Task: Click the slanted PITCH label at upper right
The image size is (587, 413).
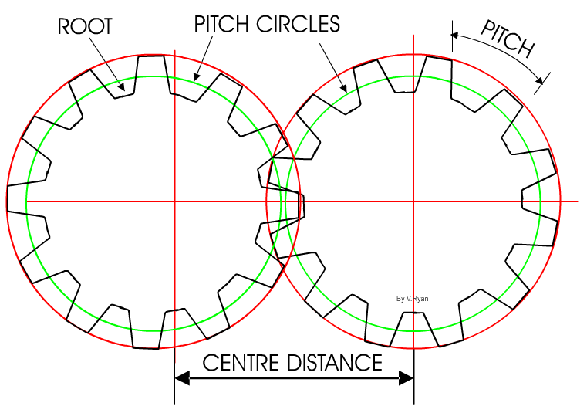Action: (x=508, y=39)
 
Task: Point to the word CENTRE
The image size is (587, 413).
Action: (x=241, y=362)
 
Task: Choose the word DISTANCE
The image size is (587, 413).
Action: (x=339, y=362)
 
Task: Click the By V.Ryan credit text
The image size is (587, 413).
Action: (x=412, y=298)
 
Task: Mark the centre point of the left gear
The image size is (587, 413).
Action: (x=175, y=201)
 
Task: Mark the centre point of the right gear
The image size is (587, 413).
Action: (x=413, y=201)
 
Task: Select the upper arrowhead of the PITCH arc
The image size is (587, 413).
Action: (x=455, y=35)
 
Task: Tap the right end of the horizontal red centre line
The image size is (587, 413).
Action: (x=577, y=201)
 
